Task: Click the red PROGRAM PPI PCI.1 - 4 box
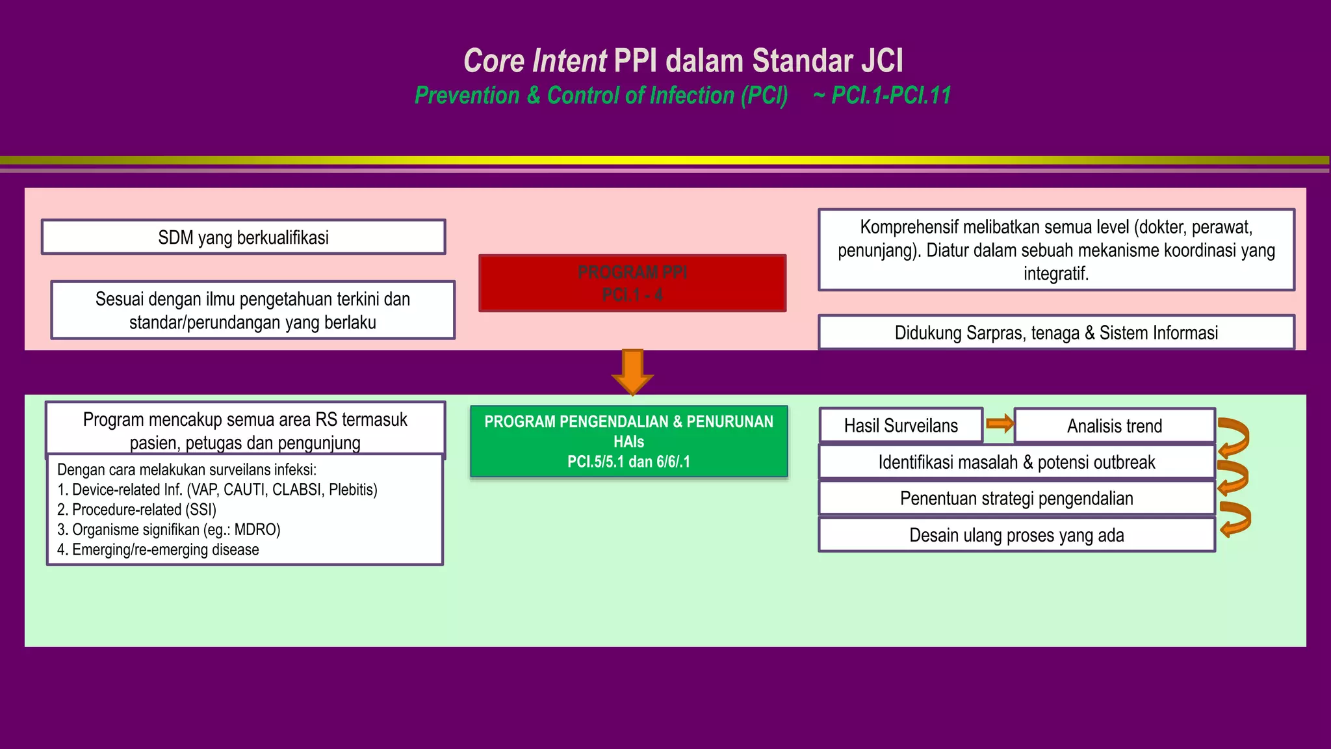coord(632,283)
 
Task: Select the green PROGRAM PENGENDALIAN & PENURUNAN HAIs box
coord(628,441)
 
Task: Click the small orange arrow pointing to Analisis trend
coord(1000,424)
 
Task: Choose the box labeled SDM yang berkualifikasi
coord(243,237)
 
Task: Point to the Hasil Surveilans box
coord(901,426)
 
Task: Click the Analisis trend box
coord(1114,426)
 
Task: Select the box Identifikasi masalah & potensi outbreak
coord(1016,462)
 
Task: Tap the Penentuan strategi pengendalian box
coord(1016,499)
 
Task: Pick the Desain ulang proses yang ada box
coord(1016,535)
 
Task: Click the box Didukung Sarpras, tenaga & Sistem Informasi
coord(1056,333)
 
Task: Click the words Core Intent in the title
coord(535,61)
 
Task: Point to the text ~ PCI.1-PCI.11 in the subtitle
coord(882,96)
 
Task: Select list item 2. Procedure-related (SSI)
coord(136,510)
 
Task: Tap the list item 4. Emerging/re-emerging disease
coord(158,550)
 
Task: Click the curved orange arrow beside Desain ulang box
coord(1235,519)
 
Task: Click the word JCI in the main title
coord(882,61)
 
